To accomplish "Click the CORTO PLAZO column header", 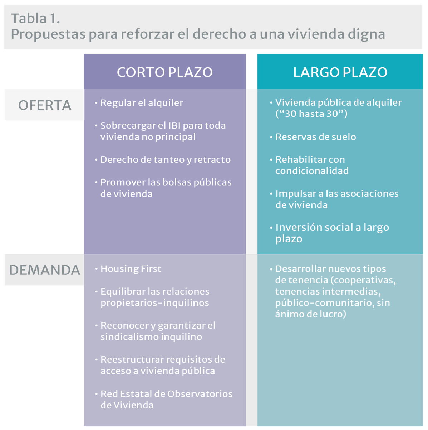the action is (x=164, y=72).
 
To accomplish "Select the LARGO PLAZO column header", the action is (x=340, y=72).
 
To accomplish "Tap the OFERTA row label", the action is (x=45, y=105).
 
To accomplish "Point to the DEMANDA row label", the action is (x=45, y=270).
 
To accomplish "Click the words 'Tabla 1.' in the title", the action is (x=35, y=19).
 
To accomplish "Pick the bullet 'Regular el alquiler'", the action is (x=142, y=103).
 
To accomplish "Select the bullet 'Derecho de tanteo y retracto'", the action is (x=165, y=159).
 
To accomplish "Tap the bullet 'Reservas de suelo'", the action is (x=315, y=137).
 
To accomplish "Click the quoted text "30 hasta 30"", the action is (x=311, y=114).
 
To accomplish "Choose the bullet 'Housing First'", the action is (x=131, y=269).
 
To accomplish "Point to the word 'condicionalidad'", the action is (x=312, y=171).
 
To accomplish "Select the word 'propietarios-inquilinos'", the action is (x=154, y=303).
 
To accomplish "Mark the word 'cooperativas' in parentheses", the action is (x=365, y=280).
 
